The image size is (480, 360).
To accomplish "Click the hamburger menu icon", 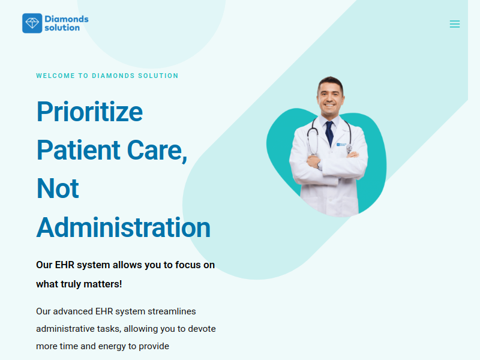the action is click(455, 24).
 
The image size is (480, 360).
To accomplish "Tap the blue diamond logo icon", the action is click(32, 23).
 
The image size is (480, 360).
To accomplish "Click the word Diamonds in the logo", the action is click(67, 19).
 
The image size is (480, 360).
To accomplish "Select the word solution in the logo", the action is click(62, 28).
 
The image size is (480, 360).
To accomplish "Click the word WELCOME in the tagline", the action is click(55, 76).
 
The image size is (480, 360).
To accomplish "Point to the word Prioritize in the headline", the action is click(89, 112).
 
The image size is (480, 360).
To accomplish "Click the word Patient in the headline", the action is click(79, 150).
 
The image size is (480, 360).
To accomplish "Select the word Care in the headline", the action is click(157, 151).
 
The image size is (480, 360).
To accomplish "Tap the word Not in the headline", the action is click(58, 188).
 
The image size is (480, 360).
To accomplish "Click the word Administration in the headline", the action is click(124, 227).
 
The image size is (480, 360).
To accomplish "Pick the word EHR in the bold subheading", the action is click(65, 265).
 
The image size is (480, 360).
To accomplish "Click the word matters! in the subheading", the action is click(103, 284).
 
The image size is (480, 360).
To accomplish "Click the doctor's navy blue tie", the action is click(329, 133).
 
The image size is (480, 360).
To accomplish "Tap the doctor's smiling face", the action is click(330, 98).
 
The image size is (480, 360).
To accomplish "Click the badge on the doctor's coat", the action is click(341, 144).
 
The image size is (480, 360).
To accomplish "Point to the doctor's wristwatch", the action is click(319, 166).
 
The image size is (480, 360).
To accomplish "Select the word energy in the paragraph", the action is click(112, 346).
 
